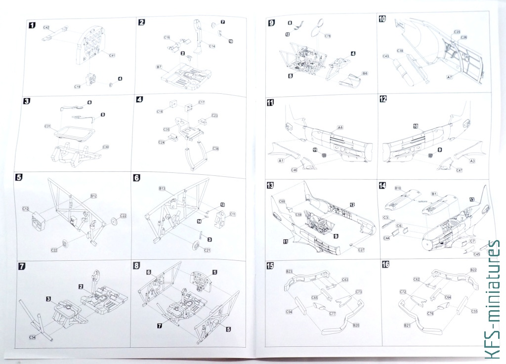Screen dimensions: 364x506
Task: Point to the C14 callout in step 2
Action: [212, 46]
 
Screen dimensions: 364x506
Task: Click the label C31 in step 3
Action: [47, 126]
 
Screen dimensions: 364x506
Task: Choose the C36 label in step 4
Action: [215, 148]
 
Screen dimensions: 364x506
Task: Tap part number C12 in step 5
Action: [25, 209]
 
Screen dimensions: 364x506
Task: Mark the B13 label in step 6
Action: [162, 189]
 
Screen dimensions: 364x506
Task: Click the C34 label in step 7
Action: [33, 337]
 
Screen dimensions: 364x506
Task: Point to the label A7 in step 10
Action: [449, 77]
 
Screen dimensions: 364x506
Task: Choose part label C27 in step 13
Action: [362, 250]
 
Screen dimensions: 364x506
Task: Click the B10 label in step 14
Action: [397, 188]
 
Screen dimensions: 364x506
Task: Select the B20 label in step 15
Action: [355, 325]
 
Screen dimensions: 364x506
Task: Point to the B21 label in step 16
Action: [407, 325]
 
